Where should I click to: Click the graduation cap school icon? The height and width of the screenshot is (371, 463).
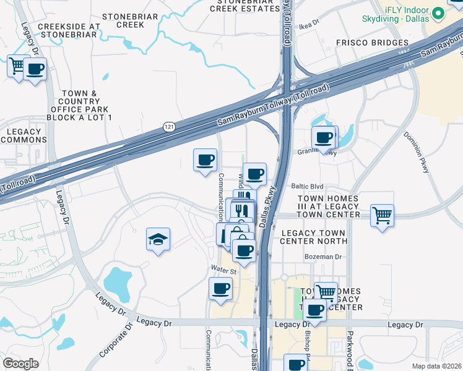pyautogui.click(x=158, y=239)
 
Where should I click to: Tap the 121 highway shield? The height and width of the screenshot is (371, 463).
pyautogui.click(x=168, y=127)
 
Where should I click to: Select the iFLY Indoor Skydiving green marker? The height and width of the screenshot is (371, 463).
pyautogui.click(x=438, y=12)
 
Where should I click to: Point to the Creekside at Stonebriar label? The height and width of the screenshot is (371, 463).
pyautogui.click(x=69, y=31)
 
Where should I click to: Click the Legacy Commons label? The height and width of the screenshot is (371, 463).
pyautogui.click(x=24, y=135)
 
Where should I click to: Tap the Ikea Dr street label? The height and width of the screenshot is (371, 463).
pyautogui.click(x=308, y=22)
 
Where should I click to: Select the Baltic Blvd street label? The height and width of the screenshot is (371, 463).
pyautogui.click(x=308, y=186)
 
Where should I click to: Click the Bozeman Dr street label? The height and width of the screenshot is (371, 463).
pyautogui.click(x=322, y=257)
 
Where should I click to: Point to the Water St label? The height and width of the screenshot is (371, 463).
pyautogui.click(x=224, y=271)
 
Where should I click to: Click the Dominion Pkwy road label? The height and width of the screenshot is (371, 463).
pyautogui.click(x=415, y=151)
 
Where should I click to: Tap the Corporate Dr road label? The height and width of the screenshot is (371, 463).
pyautogui.click(x=116, y=340)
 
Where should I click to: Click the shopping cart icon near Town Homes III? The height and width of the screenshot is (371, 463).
pyautogui.click(x=383, y=216)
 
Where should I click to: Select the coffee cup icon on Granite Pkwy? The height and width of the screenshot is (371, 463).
pyautogui.click(x=324, y=138)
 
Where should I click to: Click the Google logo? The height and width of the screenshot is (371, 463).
pyautogui.click(x=20, y=364)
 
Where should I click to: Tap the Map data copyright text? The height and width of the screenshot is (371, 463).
pyautogui.click(x=437, y=366)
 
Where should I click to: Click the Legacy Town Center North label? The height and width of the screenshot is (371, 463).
pyautogui.click(x=314, y=236)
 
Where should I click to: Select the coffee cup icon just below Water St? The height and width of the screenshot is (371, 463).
pyautogui.click(x=220, y=289)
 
